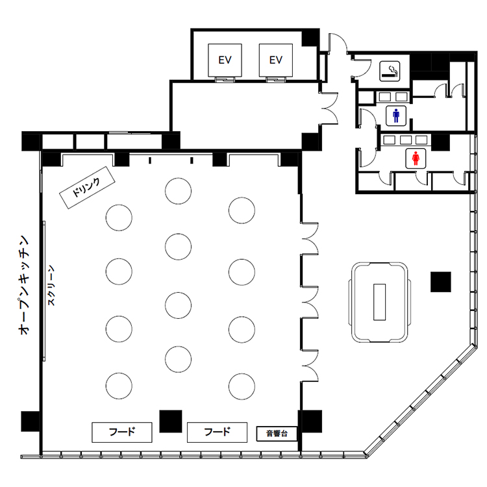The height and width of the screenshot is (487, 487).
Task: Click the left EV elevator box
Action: pyautogui.click(x=225, y=60)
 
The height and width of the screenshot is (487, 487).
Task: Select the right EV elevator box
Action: pyautogui.click(x=276, y=60)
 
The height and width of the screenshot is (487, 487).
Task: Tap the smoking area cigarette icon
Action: pyautogui.click(x=390, y=71)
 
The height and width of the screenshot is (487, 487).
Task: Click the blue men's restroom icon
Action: pyautogui.click(x=396, y=116)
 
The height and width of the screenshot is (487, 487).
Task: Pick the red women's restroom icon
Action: pyautogui.click(x=416, y=158)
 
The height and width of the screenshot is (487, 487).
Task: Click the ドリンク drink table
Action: pyautogui.click(x=87, y=188)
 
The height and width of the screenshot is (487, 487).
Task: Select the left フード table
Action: pyautogui.click(x=122, y=432)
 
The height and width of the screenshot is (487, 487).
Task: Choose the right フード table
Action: pyautogui.click(x=217, y=432)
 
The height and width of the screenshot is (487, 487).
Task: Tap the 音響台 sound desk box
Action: pyautogui.click(x=277, y=434)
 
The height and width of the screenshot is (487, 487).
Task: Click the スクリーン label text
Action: pyautogui.click(x=51, y=286)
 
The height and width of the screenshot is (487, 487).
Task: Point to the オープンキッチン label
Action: pyautogui.click(x=24, y=285)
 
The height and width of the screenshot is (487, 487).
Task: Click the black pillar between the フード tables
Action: pyautogui.click(x=171, y=421)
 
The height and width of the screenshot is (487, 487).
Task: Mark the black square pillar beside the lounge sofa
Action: pyautogui.click(x=441, y=282)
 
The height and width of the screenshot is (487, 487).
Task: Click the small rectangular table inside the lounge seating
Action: pyautogui.click(x=380, y=302)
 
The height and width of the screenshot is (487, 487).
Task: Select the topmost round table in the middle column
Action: pyautogui.click(x=179, y=191)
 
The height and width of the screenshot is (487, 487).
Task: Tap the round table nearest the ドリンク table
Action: pyautogui.click(x=119, y=218)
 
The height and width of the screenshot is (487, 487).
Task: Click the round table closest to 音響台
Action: pyautogui.click(x=242, y=386)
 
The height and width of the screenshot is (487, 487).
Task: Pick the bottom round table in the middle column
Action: pyautogui.click(x=179, y=359)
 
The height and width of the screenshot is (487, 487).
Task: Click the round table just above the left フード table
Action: pyautogui.click(x=119, y=386)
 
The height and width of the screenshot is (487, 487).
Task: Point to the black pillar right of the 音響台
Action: pyautogui.click(x=310, y=421)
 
